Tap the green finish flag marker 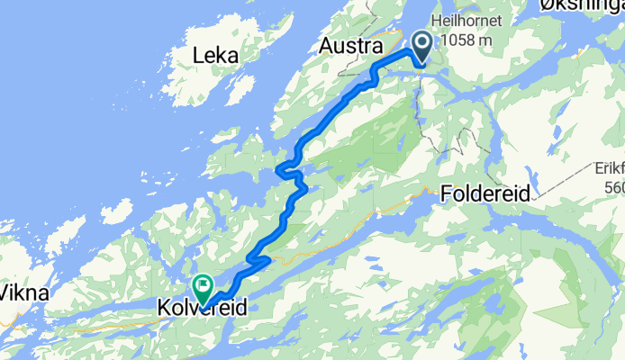point(203,287)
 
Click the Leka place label point(215,56)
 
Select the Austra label point(352,46)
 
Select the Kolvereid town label point(202,309)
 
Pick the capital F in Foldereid point(448,192)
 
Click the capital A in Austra point(327,46)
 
